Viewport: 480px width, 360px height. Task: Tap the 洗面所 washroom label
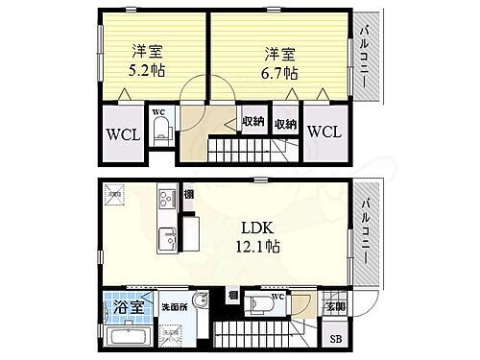174,307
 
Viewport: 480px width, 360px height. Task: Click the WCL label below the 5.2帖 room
124,134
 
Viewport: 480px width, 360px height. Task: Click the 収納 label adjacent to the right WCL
285,124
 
